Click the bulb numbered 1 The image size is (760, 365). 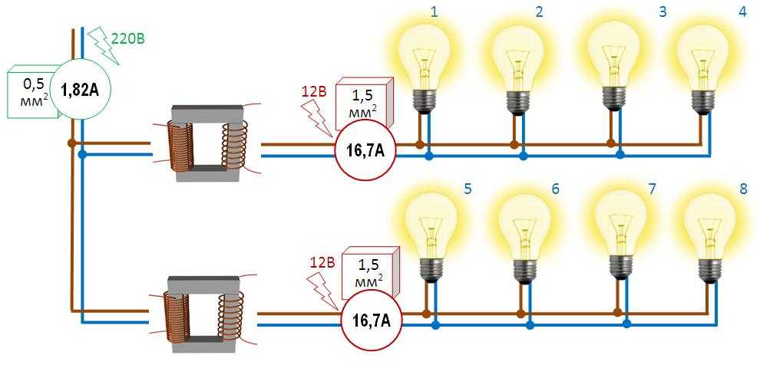click(425, 61)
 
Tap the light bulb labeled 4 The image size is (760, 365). click(702, 61)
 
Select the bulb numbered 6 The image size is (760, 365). click(527, 230)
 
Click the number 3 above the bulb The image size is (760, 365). click(661, 12)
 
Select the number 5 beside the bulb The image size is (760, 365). click(468, 187)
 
